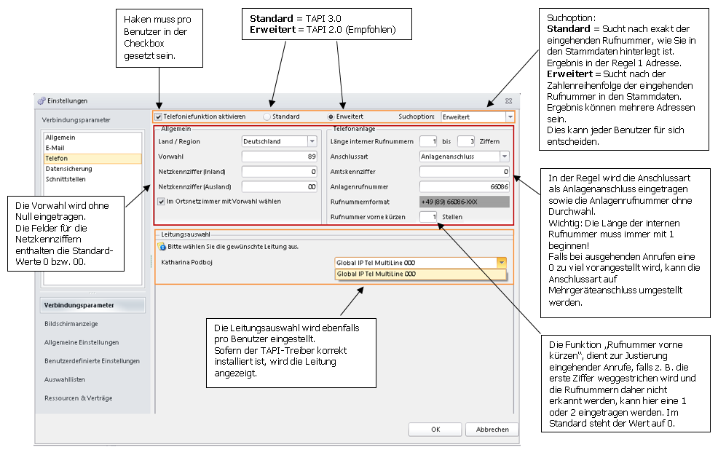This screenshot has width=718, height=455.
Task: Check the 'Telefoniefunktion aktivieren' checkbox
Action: pos(159,116)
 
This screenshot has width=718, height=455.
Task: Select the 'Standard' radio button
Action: pos(267,116)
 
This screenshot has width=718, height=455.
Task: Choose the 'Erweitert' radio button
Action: pos(331,116)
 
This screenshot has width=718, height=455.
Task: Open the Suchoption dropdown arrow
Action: pos(510,116)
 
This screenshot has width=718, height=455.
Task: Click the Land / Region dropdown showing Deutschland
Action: pos(280,141)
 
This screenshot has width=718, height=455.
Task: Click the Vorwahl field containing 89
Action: pos(280,157)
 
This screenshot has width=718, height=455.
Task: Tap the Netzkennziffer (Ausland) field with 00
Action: pos(280,187)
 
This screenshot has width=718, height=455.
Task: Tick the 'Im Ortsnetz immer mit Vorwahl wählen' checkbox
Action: pos(161,202)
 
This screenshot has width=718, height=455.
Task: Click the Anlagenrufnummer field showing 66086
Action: pos(465,187)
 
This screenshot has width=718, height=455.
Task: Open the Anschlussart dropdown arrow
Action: pos(504,157)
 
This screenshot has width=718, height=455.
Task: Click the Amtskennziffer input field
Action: pos(465,172)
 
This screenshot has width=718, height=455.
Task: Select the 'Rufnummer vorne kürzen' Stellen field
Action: pos(428,217)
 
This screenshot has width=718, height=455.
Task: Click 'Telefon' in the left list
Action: pos(56,159)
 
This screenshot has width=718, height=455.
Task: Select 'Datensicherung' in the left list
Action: pos(68,169)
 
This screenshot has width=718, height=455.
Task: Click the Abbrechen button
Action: pos(492,430)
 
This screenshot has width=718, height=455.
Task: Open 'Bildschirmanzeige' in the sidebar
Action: pos(71,324)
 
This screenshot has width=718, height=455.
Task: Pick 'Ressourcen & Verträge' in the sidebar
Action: pos(79,398)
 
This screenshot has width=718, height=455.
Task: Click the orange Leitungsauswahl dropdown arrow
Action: pos(502,263)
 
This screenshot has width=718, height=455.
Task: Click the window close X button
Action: pos(508,100)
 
